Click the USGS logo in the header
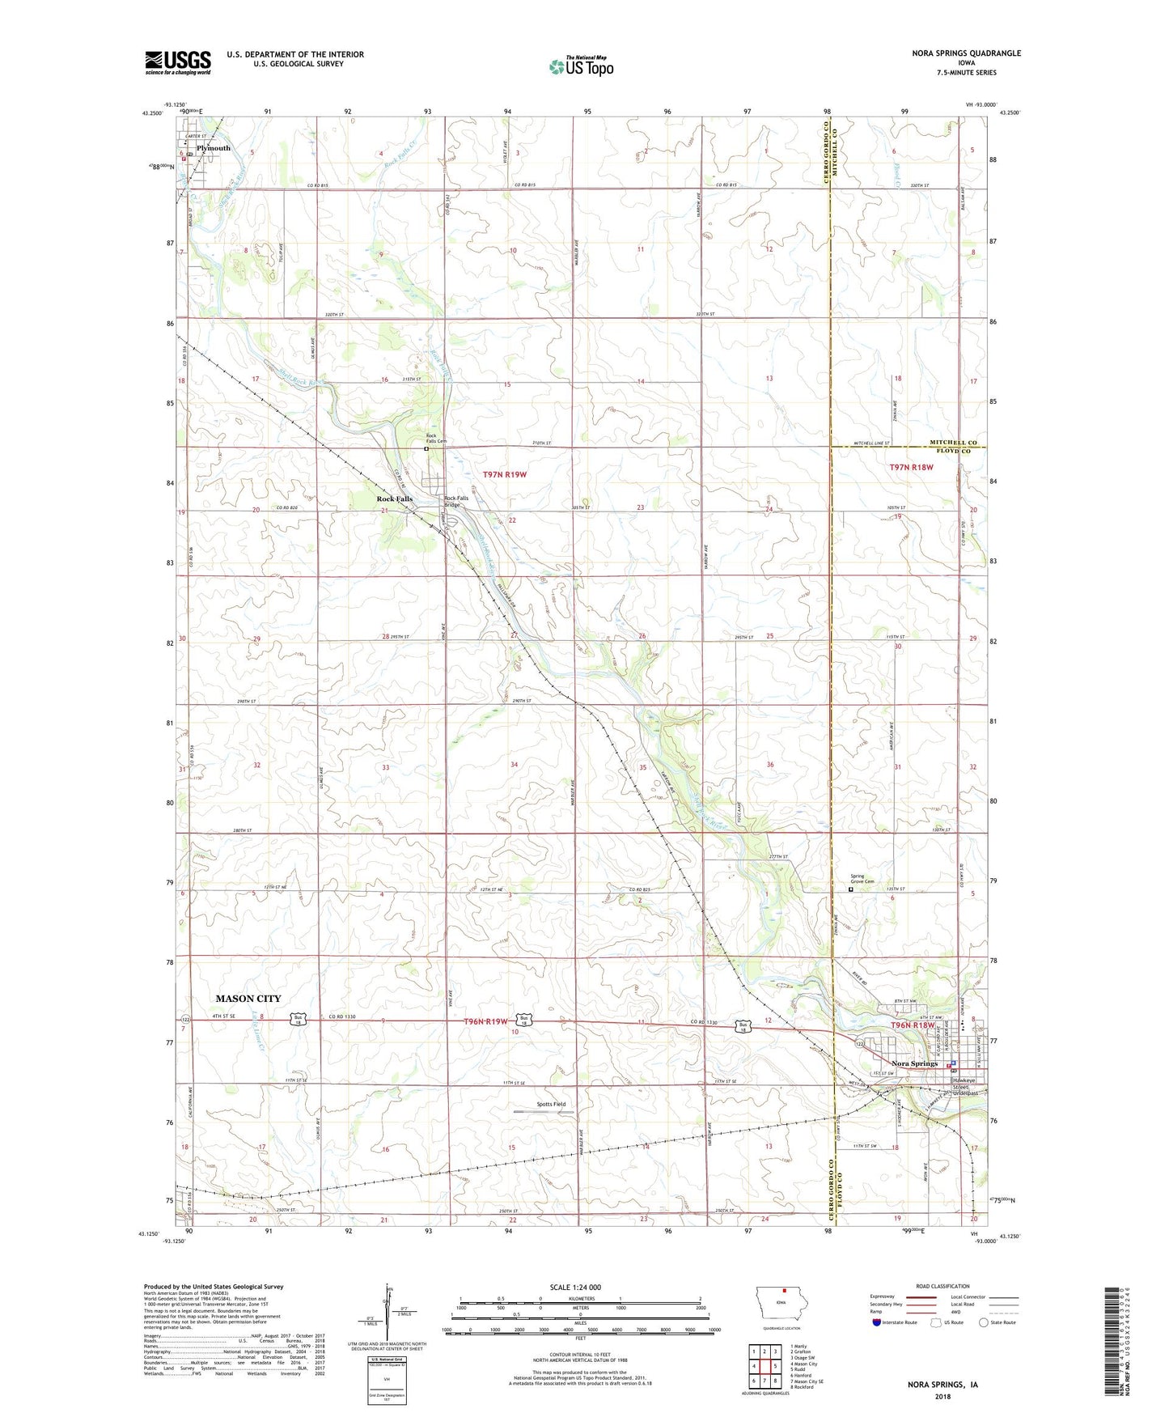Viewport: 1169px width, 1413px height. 178,62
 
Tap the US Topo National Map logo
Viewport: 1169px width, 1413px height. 580,66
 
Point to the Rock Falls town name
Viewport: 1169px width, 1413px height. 395,499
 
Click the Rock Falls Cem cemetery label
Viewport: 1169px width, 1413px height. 436,439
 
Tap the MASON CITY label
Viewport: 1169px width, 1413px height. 248,999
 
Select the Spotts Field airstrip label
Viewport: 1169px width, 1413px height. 551,1104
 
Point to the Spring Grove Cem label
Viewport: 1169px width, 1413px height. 862,878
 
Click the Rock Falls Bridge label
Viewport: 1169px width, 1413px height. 456,501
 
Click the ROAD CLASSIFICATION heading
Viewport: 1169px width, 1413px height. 942,1286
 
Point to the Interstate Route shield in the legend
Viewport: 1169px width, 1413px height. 878,1322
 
